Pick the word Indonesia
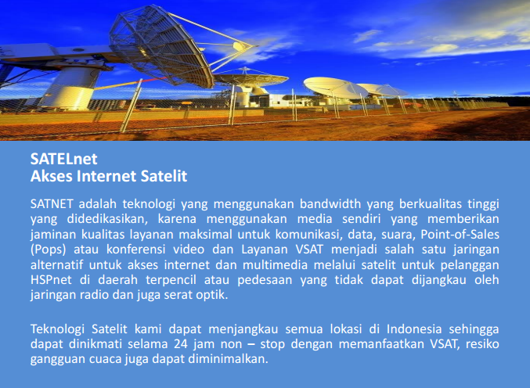pos(403,329)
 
